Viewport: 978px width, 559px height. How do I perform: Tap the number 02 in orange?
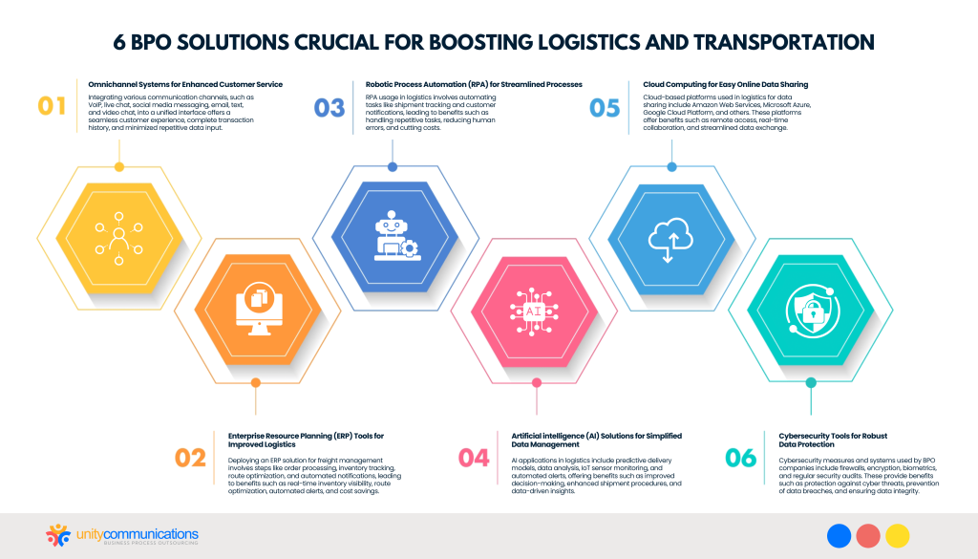pyautogui.click(x=191, y=457)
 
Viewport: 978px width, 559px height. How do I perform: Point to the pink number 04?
pyautogui.click(x=474, y=457)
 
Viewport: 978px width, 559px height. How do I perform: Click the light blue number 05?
pyautogui.click(x=605, y=106)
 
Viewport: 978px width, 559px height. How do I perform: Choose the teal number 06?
pyautogui.click(x=740, y=457)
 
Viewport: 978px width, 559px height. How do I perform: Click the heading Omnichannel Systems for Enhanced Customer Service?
pyautogui.click(x=184, y=84)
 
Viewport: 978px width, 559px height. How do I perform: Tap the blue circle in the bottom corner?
pyautogui.click(x=840, y=536)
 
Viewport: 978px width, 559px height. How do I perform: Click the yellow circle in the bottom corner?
pyautogui.click(x=897, y=536)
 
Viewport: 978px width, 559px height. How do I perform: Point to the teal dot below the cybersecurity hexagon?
pyautogui.click(x=811, y=382)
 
